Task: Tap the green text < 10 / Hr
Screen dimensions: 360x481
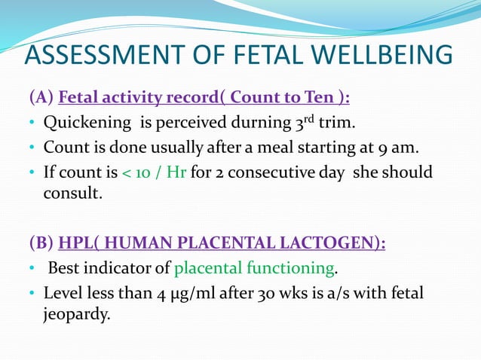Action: tap(155, 172)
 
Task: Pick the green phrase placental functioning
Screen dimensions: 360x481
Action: tap(253, 268)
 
